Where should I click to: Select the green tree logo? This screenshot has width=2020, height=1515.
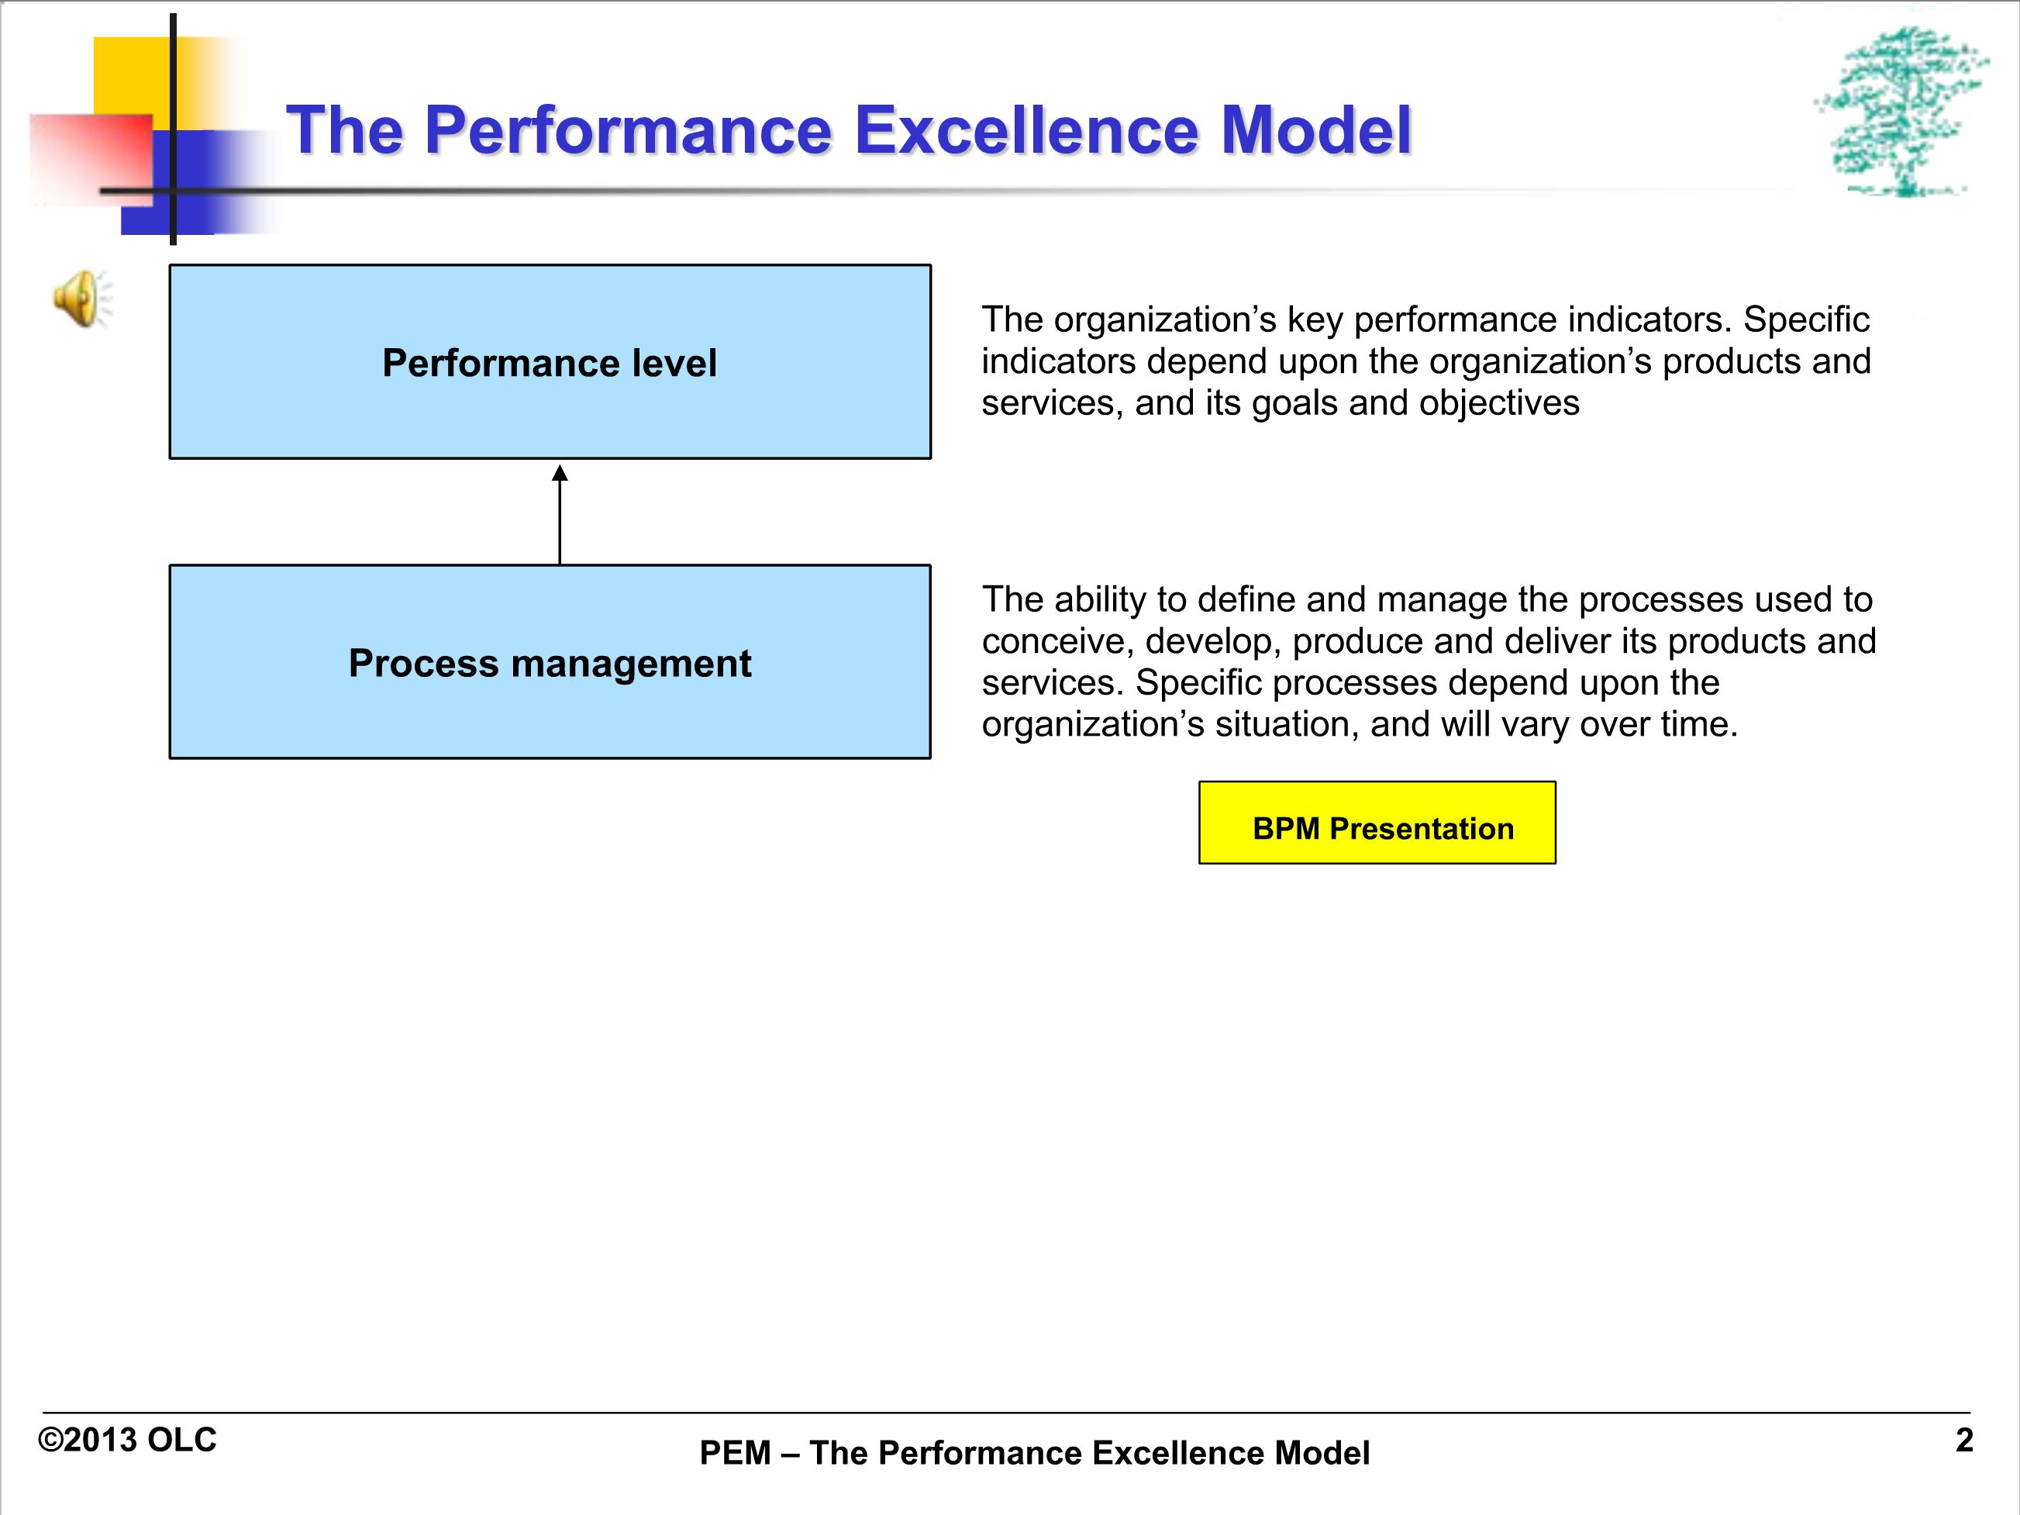(1901, 111)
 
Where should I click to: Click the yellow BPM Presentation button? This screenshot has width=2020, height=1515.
(1377, 823)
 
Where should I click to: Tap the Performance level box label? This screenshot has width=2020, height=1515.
(550, 364)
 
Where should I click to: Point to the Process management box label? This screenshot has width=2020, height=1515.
(550, 664)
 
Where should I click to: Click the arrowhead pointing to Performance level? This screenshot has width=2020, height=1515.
(560, 472)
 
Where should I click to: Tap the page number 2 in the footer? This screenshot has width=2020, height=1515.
(1964, 1440)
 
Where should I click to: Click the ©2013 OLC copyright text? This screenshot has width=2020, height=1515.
(127, 1440)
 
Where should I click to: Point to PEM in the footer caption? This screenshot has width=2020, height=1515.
(735, 1453)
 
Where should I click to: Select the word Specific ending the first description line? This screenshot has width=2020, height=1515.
(1806, 320)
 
